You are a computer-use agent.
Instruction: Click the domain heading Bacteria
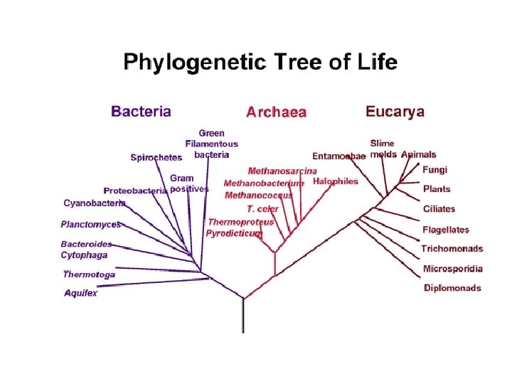click(141, 112)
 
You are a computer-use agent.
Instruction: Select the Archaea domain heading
click(276, 112)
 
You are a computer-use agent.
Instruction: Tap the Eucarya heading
click(395, 112)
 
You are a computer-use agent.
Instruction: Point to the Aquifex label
click(80, 293)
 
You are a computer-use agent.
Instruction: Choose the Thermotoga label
click(89, 274)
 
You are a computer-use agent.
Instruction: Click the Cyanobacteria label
click(94, 203)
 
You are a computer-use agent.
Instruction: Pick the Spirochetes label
click(156, 158)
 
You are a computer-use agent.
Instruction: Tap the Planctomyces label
click(90, 224)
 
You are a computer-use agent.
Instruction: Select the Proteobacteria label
click(135, 191)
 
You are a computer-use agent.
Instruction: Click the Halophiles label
click(336, 181)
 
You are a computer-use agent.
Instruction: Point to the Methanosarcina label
click(282, 171)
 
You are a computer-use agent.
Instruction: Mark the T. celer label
click(262, 209)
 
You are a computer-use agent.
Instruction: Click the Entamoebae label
click(339, 156)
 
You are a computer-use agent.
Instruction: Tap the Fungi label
click(435, 170)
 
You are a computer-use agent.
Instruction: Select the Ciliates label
click(439, 209)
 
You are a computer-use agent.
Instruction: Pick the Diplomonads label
click(452, 288)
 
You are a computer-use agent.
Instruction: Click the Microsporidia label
click(453, 269)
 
